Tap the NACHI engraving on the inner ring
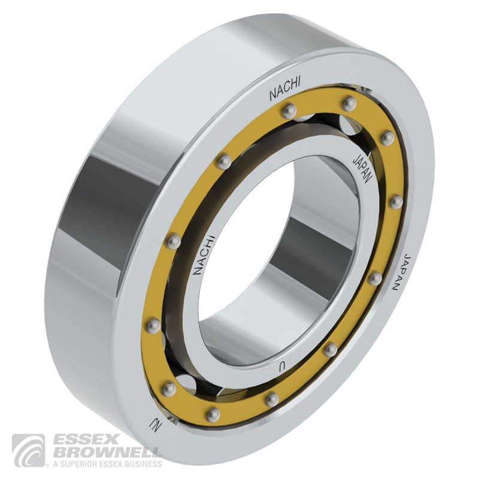tap(204, 255)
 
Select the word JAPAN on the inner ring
tap(363, 169)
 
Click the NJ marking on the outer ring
tap(154, 424)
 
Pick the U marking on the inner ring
tap(282, 368)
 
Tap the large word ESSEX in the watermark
tap(86, 440)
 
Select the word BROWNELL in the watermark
tap(107, 453)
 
